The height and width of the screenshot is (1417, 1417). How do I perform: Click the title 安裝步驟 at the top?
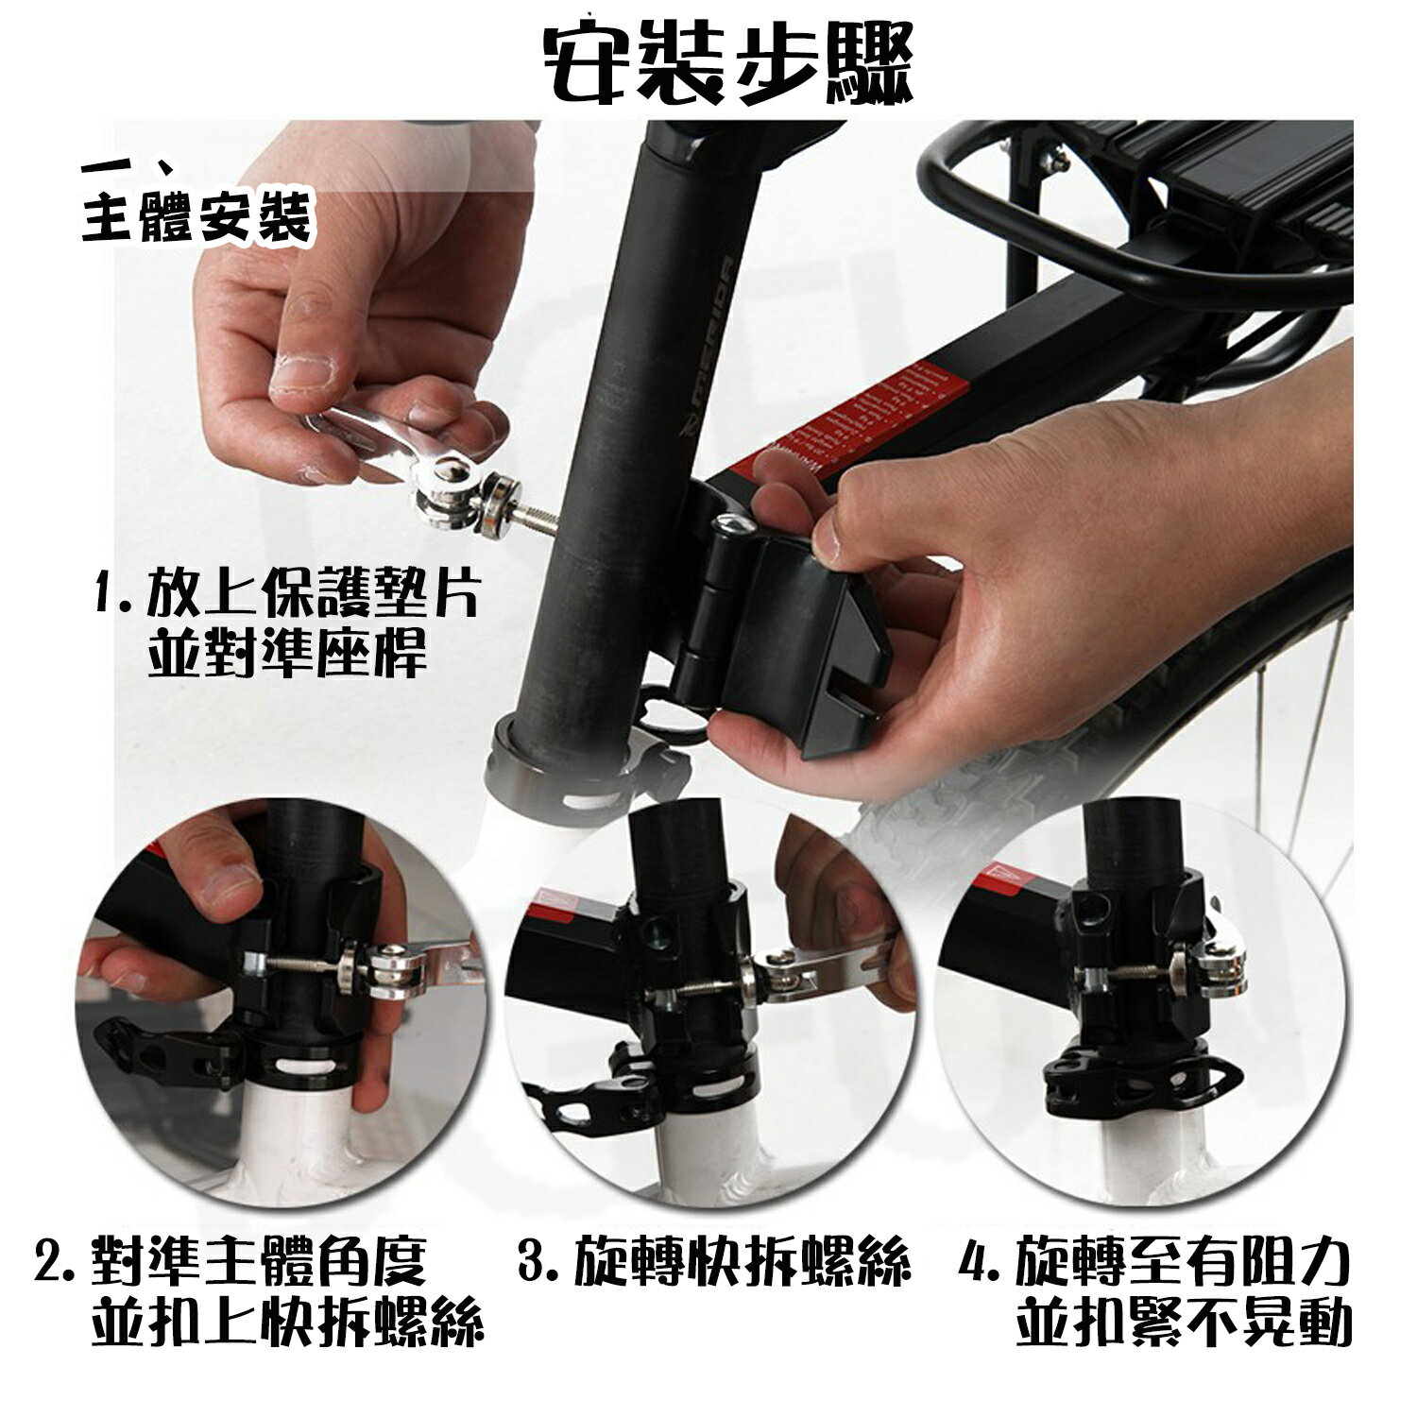(x=730, y=58)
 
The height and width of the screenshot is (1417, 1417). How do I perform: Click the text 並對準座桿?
(x=287, y=651)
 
